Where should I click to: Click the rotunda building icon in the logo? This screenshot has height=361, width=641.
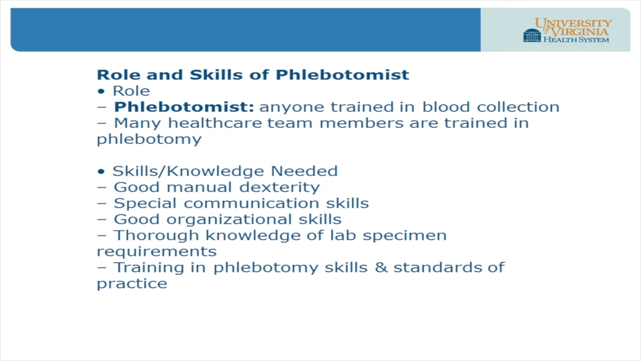pos(532,35)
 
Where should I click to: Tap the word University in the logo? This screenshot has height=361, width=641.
pos(573,23)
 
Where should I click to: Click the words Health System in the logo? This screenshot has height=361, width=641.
pos(576,40)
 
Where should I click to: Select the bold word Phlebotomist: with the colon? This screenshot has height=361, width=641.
pos(184,107)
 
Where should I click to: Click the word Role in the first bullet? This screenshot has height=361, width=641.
pos(131,91)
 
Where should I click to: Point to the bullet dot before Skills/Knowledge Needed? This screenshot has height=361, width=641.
pos(102,171)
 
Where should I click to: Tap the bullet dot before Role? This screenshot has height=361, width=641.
pos(102,91)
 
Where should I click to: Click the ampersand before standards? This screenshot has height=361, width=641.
pos(381,267)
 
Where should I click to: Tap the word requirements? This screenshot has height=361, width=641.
pos(156,251)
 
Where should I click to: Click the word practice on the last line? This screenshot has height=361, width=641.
pos(132,283)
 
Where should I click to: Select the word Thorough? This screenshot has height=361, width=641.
pos(157,235)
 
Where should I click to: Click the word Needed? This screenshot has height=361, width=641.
pos(304,171)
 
